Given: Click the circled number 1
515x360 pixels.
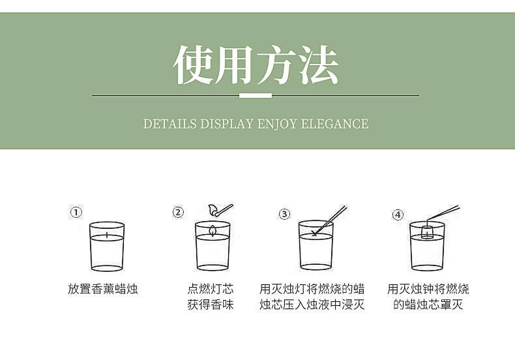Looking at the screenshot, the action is [x=76, y=212].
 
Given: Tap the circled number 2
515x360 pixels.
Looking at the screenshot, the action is [x=178, y=212].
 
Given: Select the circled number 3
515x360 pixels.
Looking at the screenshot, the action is [x=284, y=214].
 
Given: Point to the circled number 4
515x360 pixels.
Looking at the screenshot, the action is [x=398, y=215].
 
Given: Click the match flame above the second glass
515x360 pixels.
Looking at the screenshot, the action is [x=213, y=209].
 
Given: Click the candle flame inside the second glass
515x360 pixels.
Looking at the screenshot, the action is [x=213, y=231].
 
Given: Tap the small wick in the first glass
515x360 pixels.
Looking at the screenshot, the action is [x=107, y=235].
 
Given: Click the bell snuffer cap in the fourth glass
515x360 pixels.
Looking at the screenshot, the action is [x=427, y=232].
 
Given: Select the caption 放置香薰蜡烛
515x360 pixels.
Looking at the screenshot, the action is [x=103, y=289].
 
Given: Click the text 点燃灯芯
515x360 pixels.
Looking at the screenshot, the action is [x=211, y=289].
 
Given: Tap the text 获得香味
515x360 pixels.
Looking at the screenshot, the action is [x=211, y=305].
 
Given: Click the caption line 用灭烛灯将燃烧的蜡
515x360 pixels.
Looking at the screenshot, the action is [x=312, y=289].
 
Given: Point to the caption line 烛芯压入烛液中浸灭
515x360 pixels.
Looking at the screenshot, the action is [x=312, y=305].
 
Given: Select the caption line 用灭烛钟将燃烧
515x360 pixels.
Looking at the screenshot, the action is [x=428, y=289].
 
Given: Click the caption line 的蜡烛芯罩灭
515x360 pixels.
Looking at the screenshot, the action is [x=428, y=305].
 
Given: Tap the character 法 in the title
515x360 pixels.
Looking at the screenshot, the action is [x=319, y=65].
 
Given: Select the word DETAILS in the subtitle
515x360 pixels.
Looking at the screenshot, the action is [x=169, y=124].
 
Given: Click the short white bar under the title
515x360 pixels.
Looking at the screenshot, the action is [x=256, y=96].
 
